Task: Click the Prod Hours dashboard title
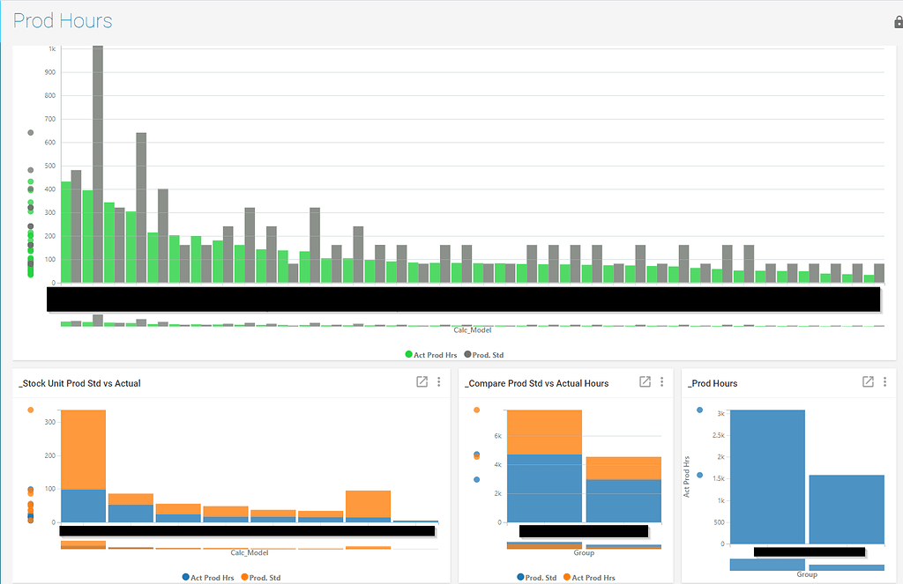[x=63, y=21]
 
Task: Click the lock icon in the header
[x=898, y=22]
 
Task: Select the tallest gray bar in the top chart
[x=98, y=164]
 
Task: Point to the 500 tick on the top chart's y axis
[x=51, y=166]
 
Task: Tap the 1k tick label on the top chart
[x=52, y=48]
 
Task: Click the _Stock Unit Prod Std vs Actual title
[x=79, y=383]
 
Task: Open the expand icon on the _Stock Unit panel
[x=422, y=382]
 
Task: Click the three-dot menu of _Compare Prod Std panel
[x=661, y=382]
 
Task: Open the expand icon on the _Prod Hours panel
[x=868, y=382]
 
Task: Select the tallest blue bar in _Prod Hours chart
[x=767, y=477]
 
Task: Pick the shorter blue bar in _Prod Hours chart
[x=846, y=509]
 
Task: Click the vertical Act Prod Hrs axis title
[x=687, y=477]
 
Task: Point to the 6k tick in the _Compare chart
[x=496, y=436]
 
